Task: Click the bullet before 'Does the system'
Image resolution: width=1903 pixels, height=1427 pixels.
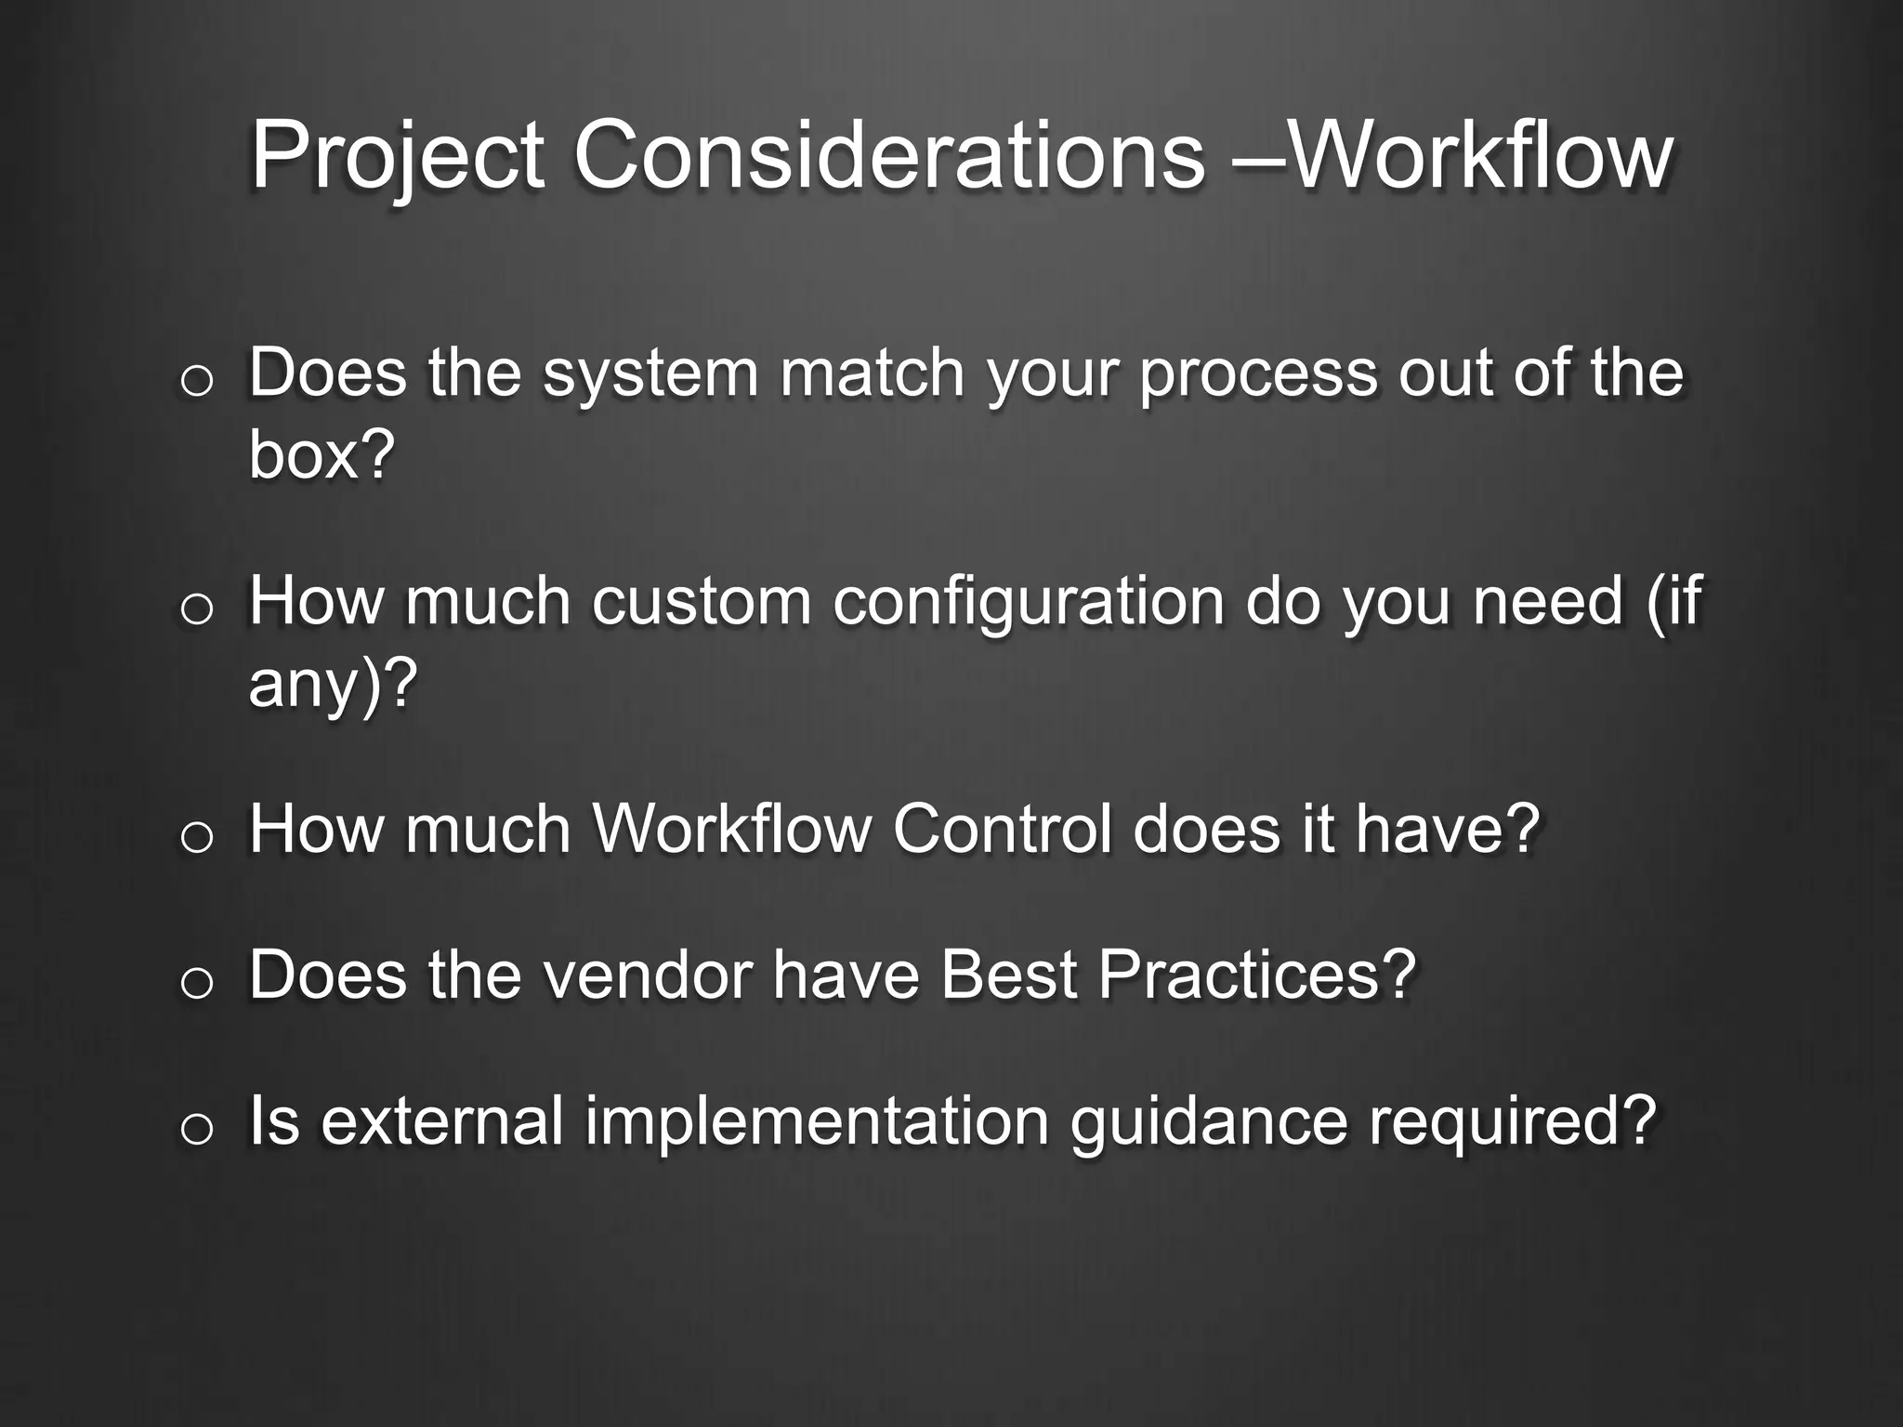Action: coord(197,381)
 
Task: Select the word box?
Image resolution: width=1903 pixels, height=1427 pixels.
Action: coord(322,455)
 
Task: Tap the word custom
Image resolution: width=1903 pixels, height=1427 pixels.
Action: coord(702,602)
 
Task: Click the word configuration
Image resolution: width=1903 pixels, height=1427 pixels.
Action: coord(1028,602)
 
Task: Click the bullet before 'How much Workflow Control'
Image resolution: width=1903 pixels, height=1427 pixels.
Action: coord(197,837)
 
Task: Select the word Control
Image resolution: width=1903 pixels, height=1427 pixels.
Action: coord(1002,829)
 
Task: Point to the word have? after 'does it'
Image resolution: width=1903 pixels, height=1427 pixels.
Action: coord(1447,829)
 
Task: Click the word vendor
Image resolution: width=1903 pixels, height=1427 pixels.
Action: coord(648,975)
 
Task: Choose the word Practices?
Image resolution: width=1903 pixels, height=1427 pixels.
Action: coord(1256,975)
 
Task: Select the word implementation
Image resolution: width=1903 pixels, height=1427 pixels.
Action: coord(817,1121)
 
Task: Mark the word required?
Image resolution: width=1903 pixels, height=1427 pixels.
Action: coord(1513,1121)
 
